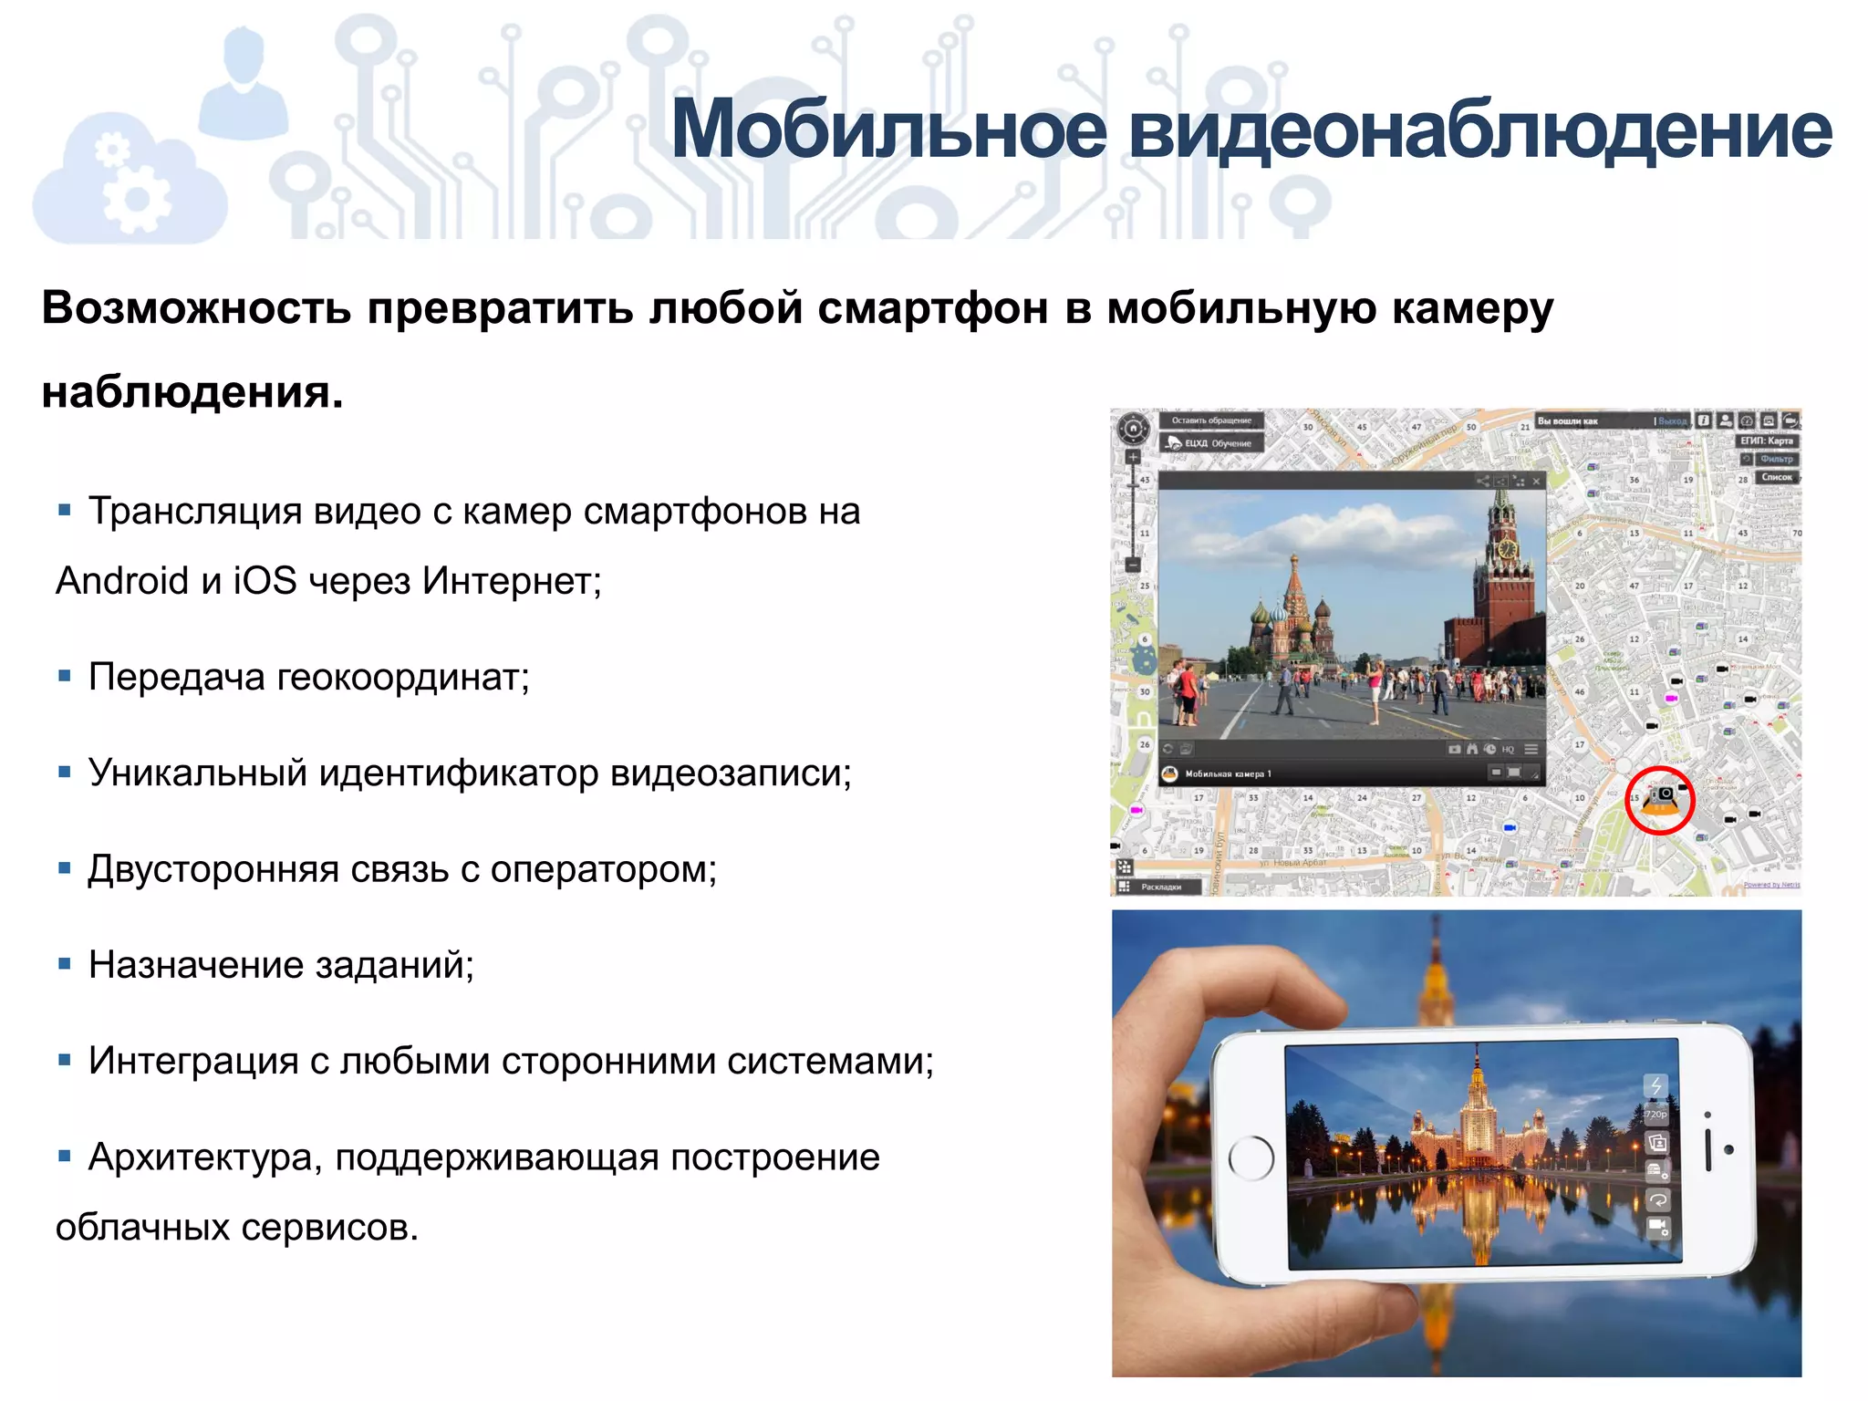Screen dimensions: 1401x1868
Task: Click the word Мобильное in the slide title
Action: coord(889,130)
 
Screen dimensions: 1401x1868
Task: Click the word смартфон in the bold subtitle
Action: coord(932,308)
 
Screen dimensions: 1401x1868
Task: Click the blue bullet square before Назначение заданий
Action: coord(65,964)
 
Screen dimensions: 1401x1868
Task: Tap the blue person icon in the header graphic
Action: coord(243,87)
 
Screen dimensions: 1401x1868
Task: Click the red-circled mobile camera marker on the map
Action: coord(1660,800)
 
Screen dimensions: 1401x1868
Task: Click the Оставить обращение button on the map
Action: coord(1210,420)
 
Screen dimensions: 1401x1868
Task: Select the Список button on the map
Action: coord(1776,477)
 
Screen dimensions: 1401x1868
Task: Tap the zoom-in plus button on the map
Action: coord(1133,457)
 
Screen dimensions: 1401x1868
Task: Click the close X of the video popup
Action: coord(1537,481)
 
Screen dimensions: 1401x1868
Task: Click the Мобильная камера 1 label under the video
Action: coord(1227,774)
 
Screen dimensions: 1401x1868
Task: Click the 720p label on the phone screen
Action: coord(1655,1115)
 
